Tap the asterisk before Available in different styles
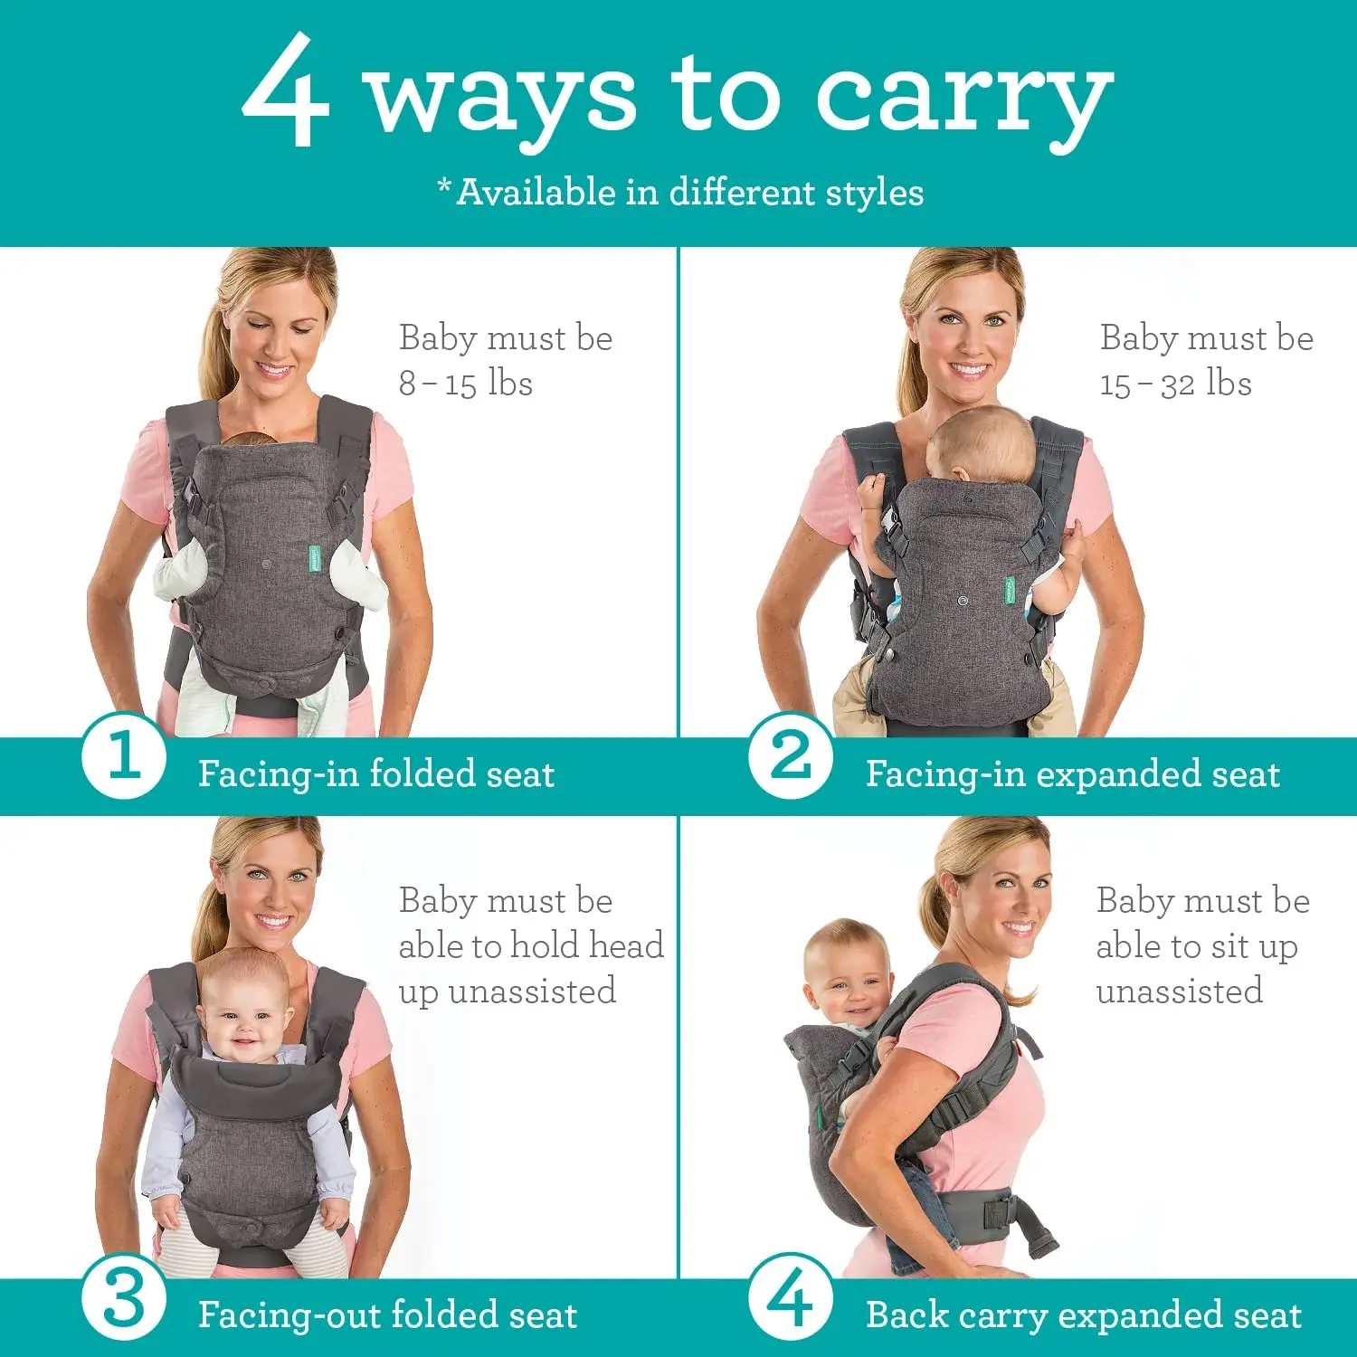(x=444, y=185)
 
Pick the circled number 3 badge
(x=123, y=1299)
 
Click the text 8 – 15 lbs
(x=465, y=384)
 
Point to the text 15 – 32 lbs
(x=1175, y=384)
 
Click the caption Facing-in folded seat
(x=375, y=774)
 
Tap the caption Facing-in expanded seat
(x=1072, y=774)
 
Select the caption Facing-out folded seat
(x=387, y=1315)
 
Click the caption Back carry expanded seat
(x=1083, y=1315)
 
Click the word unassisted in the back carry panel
(x=1179, y=992)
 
